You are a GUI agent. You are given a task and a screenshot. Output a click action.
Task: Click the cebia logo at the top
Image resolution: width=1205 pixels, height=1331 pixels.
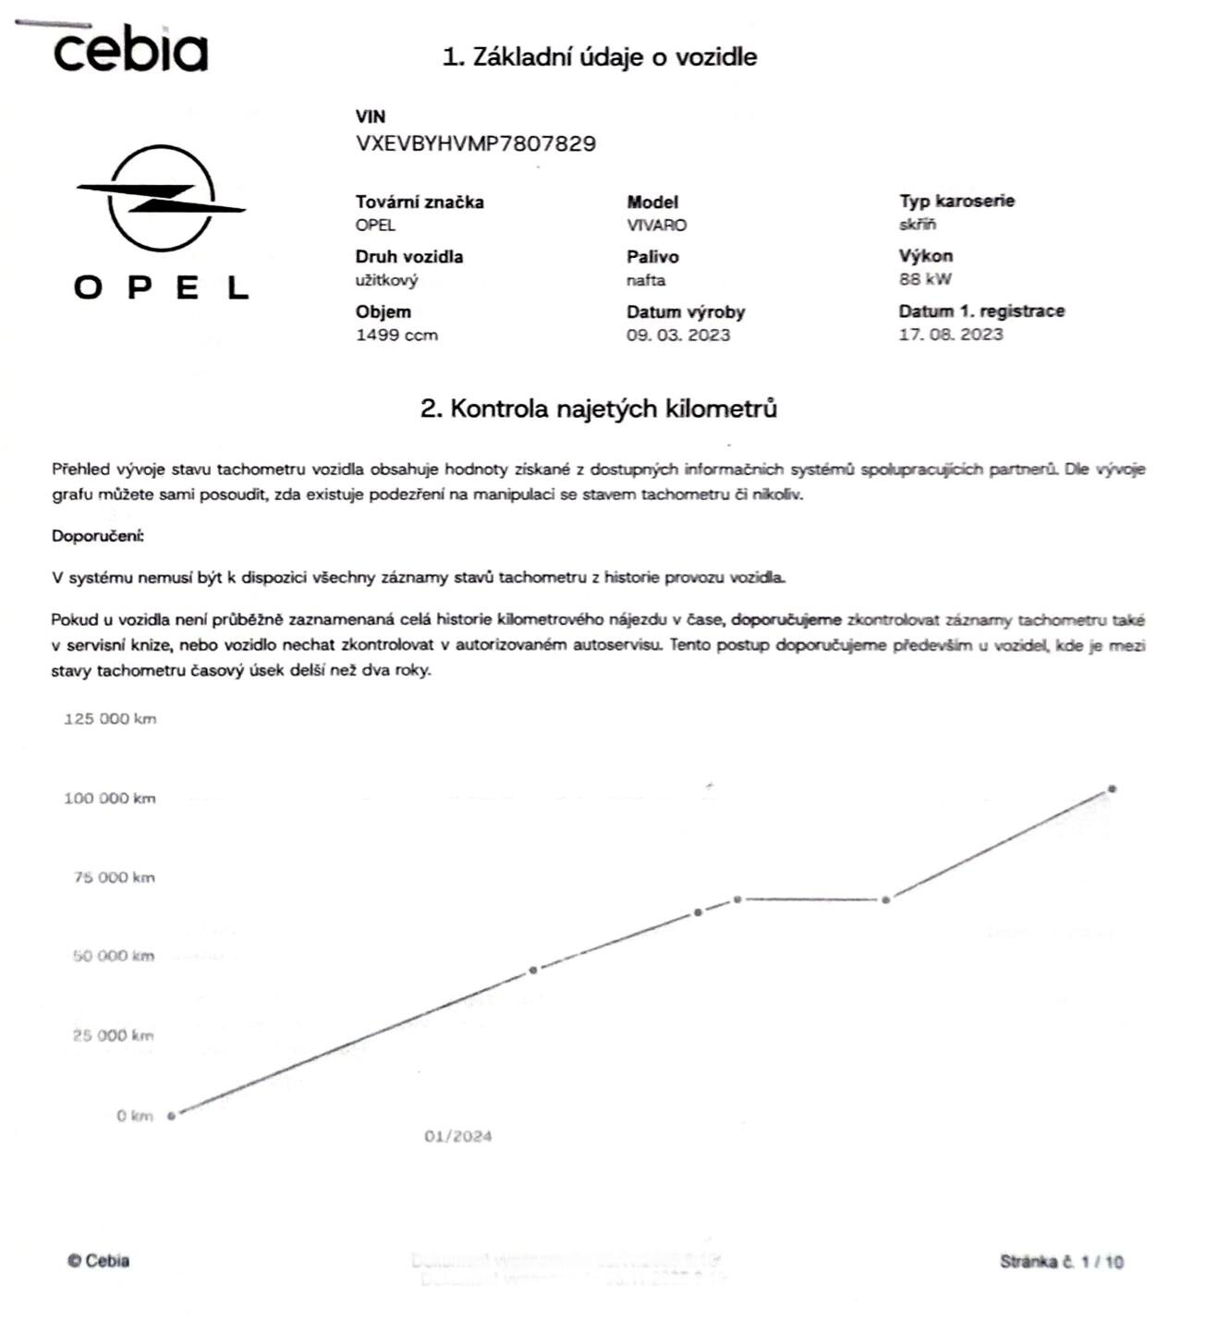129,50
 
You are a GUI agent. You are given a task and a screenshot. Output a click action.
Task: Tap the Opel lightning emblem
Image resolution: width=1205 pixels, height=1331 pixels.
162,199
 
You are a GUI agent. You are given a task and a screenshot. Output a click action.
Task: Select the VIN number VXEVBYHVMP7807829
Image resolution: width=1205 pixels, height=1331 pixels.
475,144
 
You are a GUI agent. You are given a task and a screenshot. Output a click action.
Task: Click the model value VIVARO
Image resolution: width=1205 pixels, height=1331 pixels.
656,226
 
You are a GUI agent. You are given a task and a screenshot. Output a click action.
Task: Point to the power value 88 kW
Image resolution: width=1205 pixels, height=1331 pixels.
924,279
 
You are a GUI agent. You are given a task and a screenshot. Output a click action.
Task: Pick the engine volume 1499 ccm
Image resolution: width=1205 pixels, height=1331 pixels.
396,336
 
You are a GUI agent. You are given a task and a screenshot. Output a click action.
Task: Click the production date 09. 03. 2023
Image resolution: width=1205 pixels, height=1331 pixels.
677,336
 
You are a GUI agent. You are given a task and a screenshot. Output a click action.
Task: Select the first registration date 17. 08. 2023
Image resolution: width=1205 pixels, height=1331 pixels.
950,335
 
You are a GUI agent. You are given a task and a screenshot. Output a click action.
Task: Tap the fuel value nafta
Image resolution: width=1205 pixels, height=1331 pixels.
645,280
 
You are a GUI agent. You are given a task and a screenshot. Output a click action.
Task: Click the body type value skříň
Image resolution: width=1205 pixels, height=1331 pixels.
917,225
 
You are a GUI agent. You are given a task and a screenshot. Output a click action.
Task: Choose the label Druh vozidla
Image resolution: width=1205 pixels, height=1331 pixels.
408,257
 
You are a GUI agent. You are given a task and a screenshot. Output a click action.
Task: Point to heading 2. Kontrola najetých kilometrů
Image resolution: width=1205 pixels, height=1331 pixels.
598,409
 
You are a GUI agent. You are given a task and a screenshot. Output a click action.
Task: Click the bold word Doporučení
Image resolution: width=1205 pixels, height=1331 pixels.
97,536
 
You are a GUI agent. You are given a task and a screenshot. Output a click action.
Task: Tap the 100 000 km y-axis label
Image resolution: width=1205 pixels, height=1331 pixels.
109,799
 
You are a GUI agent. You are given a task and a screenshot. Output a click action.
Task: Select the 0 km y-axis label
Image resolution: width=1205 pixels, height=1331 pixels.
134,1117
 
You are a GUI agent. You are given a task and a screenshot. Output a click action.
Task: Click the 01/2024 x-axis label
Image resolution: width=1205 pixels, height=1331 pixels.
457,1136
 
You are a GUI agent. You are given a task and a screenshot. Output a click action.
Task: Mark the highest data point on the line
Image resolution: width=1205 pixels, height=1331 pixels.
1112,789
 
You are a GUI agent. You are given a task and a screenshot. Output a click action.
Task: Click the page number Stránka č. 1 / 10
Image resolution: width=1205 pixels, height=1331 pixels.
1061,1262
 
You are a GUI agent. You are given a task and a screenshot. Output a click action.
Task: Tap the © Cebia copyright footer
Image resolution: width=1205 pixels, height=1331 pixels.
98,1261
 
